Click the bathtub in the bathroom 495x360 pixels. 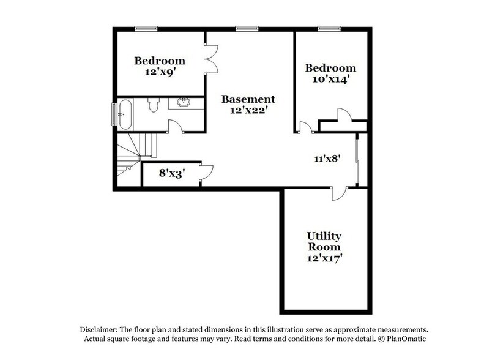point(124,114)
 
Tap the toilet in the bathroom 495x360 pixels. point(154,105)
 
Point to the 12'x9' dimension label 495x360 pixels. point(159,72)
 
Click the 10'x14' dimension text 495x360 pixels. point(330,79)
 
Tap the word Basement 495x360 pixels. point(248,99)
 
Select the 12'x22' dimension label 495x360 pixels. point(248,111)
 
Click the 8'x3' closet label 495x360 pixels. point(172,173)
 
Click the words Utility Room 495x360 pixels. point(324,241)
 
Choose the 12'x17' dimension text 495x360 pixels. point(324,258)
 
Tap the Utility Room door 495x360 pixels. point(338,193)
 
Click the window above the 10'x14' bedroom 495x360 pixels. point(329,28)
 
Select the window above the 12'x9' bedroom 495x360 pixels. point(146,28)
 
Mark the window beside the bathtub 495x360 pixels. point(113,114)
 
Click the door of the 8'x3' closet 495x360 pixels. point(206,171)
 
